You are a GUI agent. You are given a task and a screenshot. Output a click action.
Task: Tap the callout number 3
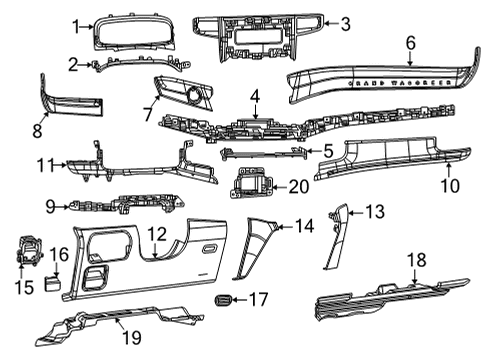345,24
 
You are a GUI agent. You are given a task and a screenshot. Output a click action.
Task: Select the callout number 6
410,42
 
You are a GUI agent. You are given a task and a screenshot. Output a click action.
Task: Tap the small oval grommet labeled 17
224,299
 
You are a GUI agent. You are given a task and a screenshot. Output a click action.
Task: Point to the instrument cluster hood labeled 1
130,36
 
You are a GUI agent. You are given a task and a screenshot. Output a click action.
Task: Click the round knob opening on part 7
189,93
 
